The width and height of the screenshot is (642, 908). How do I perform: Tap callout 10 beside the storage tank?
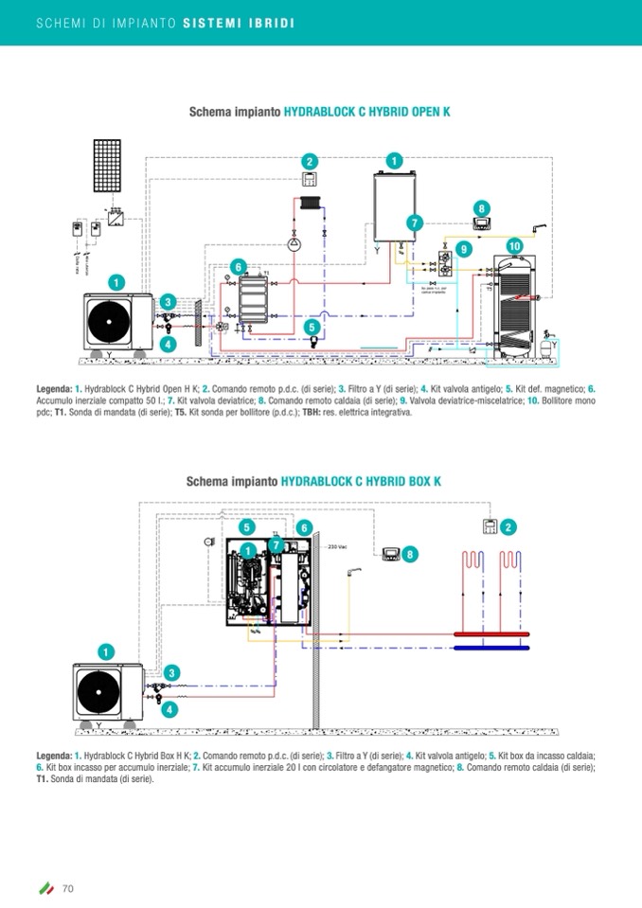pos(514,245)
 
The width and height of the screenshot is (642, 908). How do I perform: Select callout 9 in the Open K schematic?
pos(463,248)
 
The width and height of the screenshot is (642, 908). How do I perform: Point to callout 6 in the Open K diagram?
pos(239,267)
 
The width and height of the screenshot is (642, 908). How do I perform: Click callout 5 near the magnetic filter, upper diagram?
pos(312,328)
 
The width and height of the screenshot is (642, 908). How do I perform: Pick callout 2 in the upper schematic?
pos(310,162)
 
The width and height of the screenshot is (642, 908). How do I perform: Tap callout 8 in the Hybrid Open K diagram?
pos(482,208)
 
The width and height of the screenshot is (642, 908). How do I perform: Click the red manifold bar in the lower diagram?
pos(491,633)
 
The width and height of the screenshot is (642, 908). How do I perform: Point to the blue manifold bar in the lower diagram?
pos(491,648)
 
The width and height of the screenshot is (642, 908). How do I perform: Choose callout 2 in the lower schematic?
pos(509,526)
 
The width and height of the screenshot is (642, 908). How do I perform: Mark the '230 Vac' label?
pos(339,547)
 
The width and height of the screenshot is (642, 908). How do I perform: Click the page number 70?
pos(68,887)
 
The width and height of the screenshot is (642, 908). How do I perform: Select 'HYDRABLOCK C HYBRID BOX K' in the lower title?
pos(362,481)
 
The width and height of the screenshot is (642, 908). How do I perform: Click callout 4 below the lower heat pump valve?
pos(169,708)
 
